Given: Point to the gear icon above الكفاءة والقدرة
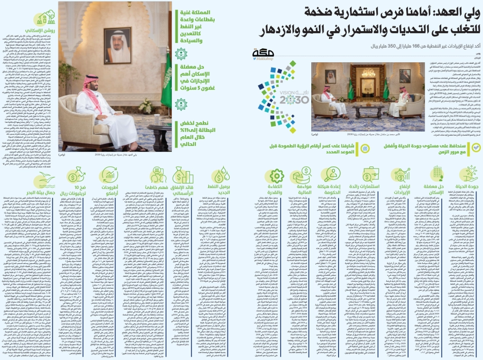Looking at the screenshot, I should tap(277, 175).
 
